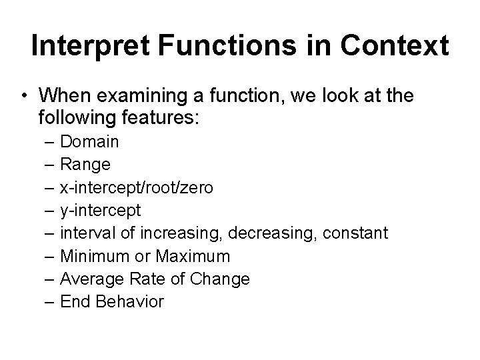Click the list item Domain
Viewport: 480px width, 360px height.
click(89, 142)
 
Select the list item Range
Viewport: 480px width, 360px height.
click(85, 165)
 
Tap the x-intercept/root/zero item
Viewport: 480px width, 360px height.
click(137, 188)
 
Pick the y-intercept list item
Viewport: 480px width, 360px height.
click(100, 211)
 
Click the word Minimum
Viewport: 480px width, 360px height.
click(90, 256)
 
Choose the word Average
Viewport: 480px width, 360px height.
click(88, 279)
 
